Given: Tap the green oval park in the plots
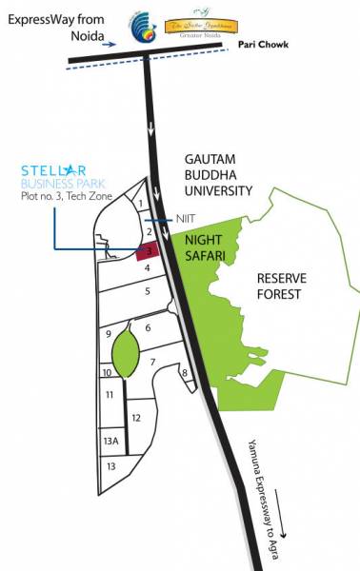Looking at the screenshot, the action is coord(126,358).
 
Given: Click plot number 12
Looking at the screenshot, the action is coord(136,417).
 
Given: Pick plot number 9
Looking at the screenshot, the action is coord(110,333).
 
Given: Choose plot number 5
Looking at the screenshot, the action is coord(147,291).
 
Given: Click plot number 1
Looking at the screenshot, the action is coord(140,202).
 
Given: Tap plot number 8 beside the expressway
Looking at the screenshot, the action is coord(183,372).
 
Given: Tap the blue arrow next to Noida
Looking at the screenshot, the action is coord(111,44).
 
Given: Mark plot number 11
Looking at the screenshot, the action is coord(110,394).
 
